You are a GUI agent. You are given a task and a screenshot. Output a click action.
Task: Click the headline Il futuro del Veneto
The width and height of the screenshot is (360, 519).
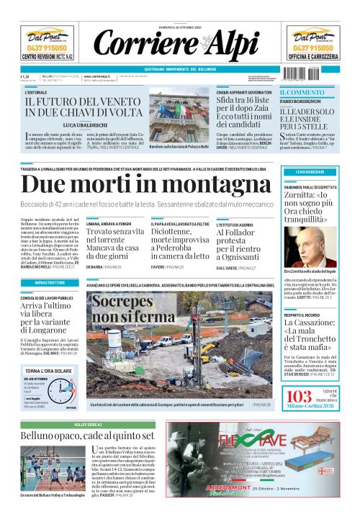(81, 106)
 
